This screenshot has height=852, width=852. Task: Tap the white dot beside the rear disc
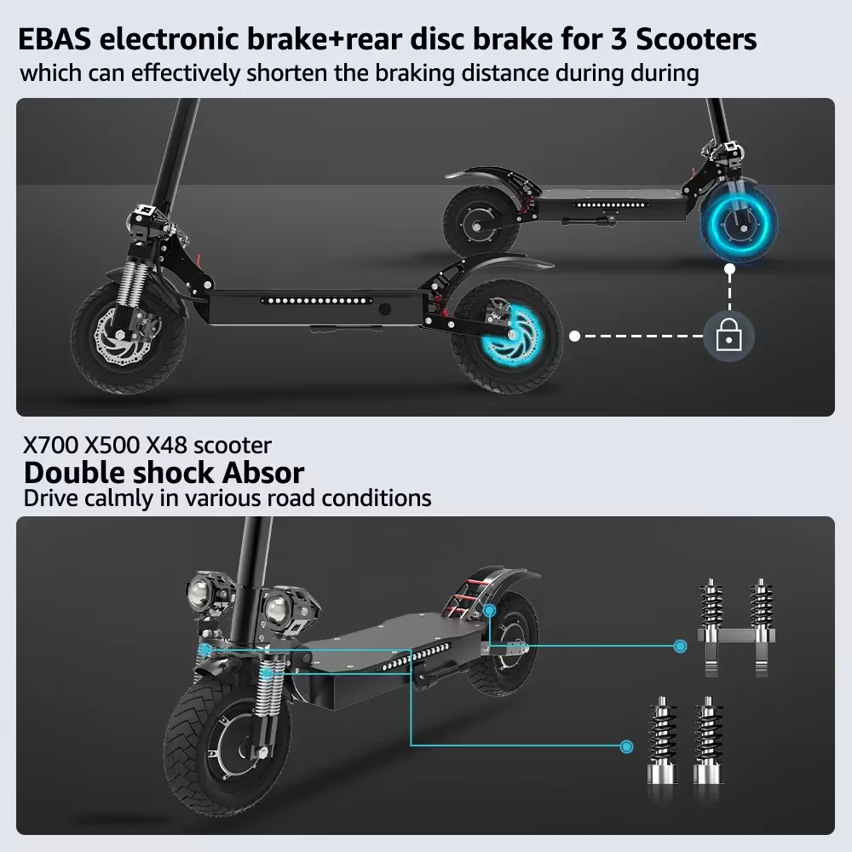coord(575,337)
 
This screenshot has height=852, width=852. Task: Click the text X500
coord(113,446)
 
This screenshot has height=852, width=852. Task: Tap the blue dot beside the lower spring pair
coord(627,747)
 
